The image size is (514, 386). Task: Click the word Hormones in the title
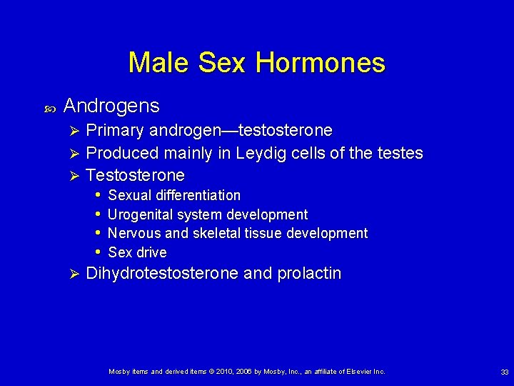pyautogui.click(x=320, y=63)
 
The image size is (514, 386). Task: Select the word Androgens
pyautogui.click(x=111, y=107)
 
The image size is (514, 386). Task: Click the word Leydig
pyautogui.click(x=286, y=153)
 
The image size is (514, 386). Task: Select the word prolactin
pyautogui.click(x=310, y=273)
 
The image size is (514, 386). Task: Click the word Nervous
pyautogui.click(x=132, y=233)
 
